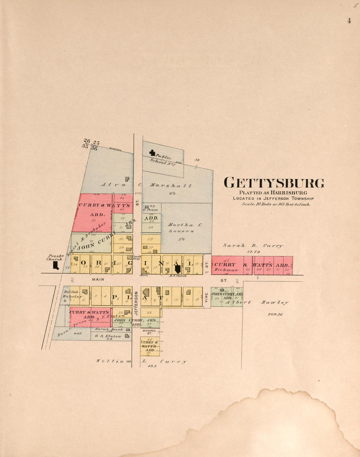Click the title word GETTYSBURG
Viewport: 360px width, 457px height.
tap(274, 183)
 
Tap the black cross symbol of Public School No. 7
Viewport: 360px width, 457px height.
tap(152, 152)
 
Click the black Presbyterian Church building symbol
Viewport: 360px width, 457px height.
tap(56, 265)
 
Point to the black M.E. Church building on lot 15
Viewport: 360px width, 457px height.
tap(178, 269)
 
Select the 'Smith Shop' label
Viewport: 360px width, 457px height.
tap(136, 257)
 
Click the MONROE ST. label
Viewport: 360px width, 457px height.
tap(150, 332)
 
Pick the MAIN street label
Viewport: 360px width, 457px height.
tap(98, 279)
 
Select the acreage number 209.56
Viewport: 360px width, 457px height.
tap(275, 314)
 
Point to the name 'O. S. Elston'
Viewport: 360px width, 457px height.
tap(108, 336)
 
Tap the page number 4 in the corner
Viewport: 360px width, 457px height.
tap(349, 21)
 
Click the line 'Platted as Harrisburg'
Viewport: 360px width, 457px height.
tap(273, 193)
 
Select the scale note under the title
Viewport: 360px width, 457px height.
tap(276, 204)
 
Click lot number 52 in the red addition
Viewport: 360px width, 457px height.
tap(287, 270)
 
